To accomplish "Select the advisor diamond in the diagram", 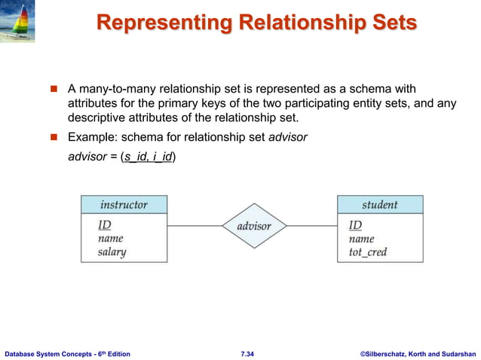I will point(253,226).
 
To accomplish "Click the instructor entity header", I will point(124,204).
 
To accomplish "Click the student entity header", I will point(379,204).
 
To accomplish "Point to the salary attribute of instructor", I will point(112,252).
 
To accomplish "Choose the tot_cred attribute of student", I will point(368,252).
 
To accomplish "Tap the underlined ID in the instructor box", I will point(104,225).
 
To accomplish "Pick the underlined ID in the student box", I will point(355,225).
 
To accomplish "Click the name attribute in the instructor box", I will point(110,239).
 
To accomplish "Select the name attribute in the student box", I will point(361,239).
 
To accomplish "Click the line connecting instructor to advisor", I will point(195,226).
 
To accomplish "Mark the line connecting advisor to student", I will point(311,226).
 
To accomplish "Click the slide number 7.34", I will point(247,353).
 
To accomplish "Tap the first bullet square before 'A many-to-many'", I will point(54,91).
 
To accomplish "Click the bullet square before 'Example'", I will point(54,137).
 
